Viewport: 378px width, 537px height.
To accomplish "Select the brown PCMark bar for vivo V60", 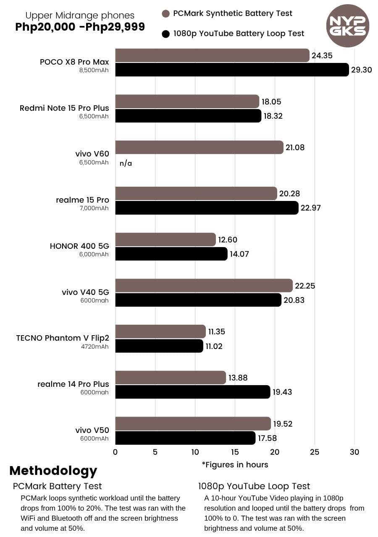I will [x=199, y=147].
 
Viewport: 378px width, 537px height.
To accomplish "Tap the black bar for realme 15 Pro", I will [x=207, y=208].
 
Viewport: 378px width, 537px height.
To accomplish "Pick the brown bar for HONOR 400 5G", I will [x=165, y=240].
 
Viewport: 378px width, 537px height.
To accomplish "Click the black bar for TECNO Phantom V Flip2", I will [x=159, y=346].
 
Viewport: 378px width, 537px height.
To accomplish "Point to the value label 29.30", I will [x=362, y=70].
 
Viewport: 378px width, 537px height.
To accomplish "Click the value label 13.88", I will [x=238, y=378].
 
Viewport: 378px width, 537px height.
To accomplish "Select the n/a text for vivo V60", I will [x=126, y=163].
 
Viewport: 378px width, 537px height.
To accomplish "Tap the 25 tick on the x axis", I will [x=315, y=452].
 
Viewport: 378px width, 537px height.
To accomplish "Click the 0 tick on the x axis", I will [x=115, y=452].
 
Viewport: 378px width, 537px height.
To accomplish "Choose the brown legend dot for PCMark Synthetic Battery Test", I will [x=165, y=13].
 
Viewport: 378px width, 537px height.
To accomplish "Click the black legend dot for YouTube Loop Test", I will [x=165, y=34].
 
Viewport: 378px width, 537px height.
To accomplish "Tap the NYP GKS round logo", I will [x=347, y=26].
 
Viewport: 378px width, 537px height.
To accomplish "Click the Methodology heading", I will [x=53, y=470].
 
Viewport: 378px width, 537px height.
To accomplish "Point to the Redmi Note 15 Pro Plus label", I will [x=64, y=108].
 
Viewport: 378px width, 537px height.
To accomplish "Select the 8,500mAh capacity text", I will [x=94, y=70].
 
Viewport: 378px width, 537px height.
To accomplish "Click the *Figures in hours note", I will [x=235, y=464].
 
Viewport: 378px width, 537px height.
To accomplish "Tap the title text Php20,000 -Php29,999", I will [x=80, y=27].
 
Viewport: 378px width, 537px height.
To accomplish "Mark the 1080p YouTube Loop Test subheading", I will [x=254, y=486].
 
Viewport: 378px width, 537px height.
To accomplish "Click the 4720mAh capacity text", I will [x=95, y=346].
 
